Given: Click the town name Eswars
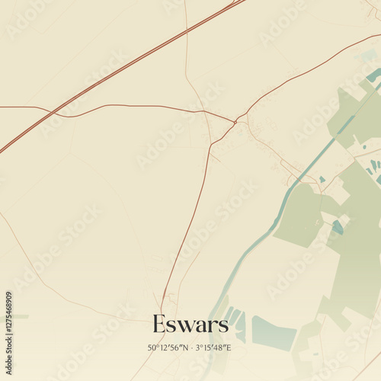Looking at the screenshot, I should tap(190, 324).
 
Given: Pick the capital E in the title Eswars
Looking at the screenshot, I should tap(158, 324).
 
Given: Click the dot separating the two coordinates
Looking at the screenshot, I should tap(191, 347).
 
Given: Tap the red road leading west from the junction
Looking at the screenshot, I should tap(152, 106).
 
